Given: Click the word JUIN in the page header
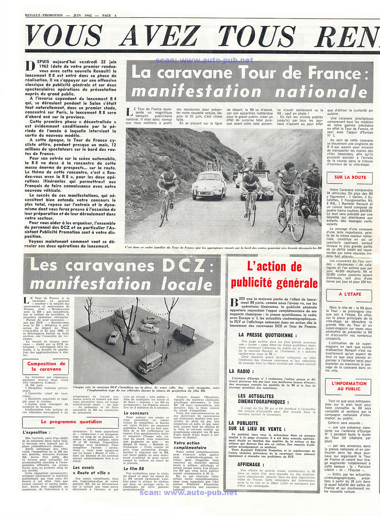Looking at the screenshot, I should tap(77, 16).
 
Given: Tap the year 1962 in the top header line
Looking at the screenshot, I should tap(88, 16).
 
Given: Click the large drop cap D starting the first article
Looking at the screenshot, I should tap(30, 66).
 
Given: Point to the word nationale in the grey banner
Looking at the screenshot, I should tap(321, 92).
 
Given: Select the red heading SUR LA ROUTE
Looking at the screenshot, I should tap(350, 177).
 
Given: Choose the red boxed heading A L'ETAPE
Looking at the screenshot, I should tap(350, 294).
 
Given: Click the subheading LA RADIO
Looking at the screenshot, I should tap(239, 371).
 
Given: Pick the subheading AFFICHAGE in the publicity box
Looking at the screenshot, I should tap(249, 464).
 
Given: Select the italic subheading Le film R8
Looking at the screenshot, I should tap(134, 469).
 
